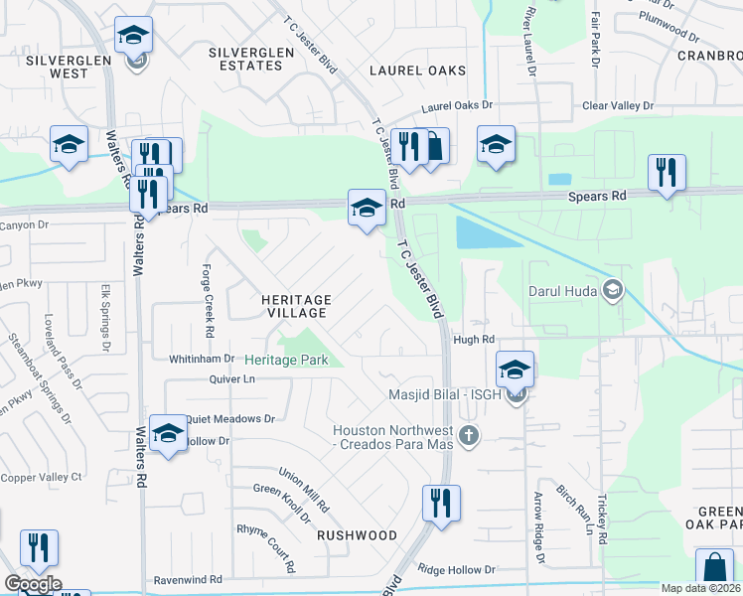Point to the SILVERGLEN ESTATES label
(245, 58)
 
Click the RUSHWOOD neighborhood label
(357, 534)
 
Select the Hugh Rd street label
(474, 339)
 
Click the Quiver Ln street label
(233, 378)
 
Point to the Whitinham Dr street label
(201, 358)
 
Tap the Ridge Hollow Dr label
(456, 569)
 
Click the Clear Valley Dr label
(618, 105)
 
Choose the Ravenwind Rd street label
(187, 579)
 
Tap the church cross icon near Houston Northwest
(469, 434)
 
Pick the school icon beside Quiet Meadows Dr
(168, 434)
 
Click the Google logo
(33, 584)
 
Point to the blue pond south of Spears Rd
(485, 232)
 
